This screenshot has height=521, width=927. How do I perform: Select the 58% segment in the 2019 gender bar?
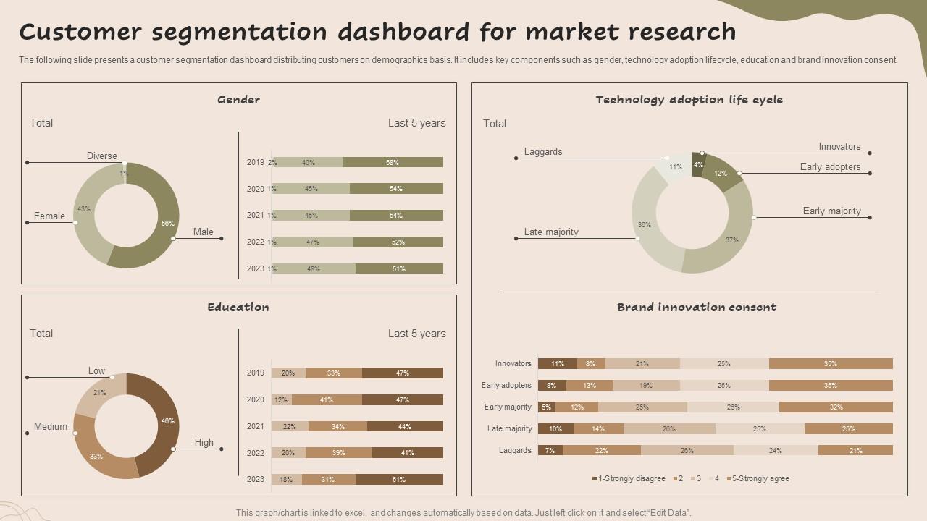(x=393, y=163)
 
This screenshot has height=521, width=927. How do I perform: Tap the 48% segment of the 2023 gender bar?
(x=314, y=268)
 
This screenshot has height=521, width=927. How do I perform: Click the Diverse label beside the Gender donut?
(x=102, y=156)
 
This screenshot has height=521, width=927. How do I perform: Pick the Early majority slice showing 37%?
(x=730, y=240)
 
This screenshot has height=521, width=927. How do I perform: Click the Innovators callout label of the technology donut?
(x=839, y=147)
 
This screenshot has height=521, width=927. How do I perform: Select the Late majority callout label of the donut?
(x=551, y=232)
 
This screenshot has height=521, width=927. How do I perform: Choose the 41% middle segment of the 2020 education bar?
(x=327, y=399)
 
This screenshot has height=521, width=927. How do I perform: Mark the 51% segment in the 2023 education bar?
(x=399, y=479)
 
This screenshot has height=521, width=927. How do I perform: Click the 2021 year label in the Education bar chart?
(x=256, y=426)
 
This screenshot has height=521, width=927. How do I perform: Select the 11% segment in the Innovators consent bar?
(x=557, y=364)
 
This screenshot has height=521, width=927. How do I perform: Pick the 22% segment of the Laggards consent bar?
(x=601, y=451)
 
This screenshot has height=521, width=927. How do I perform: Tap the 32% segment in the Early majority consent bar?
(x=836, y=407)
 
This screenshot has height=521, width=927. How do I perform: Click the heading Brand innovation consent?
(x=697, y=308)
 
